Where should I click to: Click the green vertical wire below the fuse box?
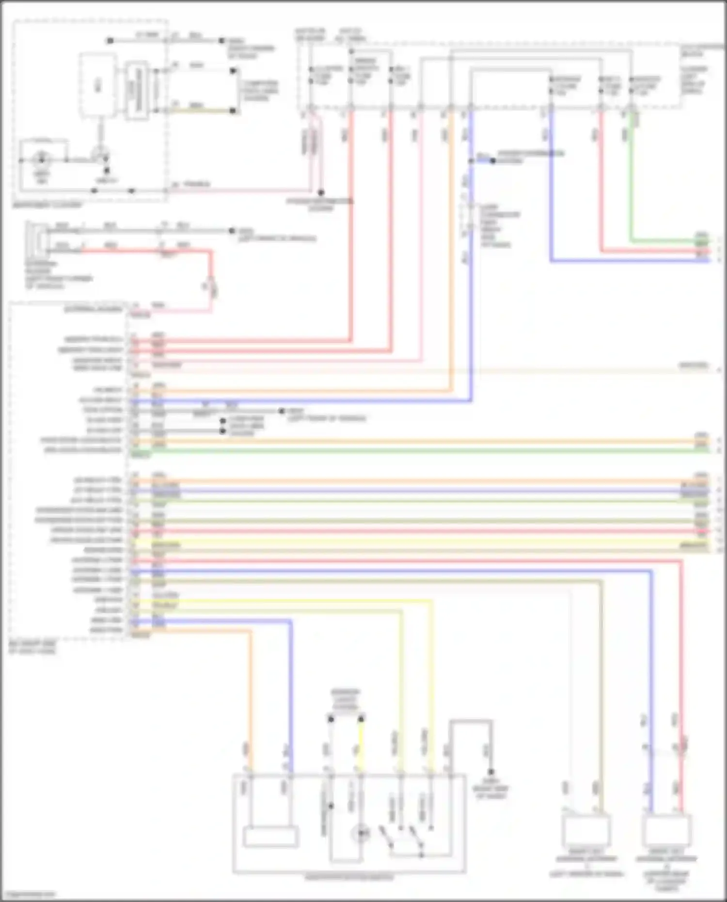coord(631,184)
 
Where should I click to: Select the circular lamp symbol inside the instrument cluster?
coord(41,159)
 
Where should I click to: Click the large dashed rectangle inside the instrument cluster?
coord(98,85)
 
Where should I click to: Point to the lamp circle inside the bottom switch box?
coord(361,834)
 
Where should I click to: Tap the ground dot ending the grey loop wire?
coord(491,772)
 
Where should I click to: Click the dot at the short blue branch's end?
coord(493,160)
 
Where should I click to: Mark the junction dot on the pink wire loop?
coord(321,192)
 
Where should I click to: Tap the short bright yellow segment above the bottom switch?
coord(361,746)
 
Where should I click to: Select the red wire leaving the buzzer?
coord(145,251)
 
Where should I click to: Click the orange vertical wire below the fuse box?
coord(451,242)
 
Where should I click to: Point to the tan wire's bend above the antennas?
coord(601,582)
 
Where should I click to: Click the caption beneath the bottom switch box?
coord(349,877)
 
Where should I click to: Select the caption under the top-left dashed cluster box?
coord(47,205)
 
